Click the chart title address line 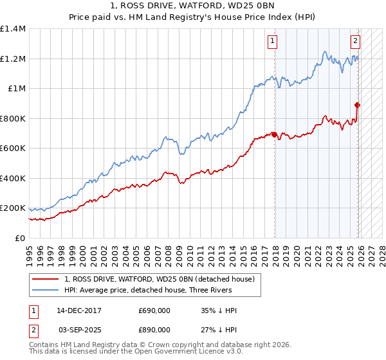193,6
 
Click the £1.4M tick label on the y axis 13,29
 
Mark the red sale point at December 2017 275,135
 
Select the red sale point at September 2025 357,105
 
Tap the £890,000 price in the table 154,329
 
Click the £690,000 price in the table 154,311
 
